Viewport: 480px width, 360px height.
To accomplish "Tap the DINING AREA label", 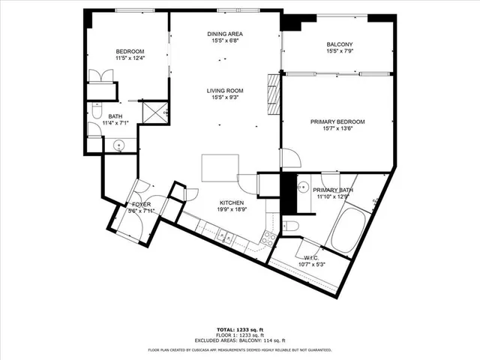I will (x=225, y=34).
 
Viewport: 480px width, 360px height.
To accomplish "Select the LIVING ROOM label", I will (x=226, y=91).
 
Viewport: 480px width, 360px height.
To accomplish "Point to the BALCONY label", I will (x=339, y=45).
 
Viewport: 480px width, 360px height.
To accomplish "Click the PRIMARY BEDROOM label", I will (x=337, y=121).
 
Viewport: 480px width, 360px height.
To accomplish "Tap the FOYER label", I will (x=142, y=204).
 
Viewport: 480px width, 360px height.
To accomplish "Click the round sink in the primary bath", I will (x=305, y=187).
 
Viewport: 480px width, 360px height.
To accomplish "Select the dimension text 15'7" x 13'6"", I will (x=337, y=129).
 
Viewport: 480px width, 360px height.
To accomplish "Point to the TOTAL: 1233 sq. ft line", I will (x=240, y=330).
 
